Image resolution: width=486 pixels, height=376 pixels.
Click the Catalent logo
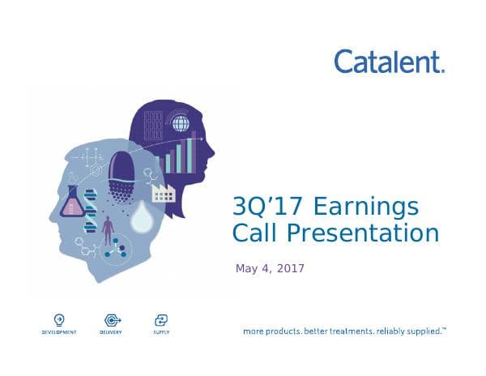point(389,62)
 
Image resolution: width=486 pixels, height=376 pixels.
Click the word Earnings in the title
point(369,207)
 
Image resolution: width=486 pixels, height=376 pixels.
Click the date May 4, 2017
point(270,268)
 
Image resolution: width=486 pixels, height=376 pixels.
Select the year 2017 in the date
point(290,268)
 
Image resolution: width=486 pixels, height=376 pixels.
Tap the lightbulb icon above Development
point(58,319)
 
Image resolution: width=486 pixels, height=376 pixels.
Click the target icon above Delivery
point(111,319)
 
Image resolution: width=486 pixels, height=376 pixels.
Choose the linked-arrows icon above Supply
point(160,319)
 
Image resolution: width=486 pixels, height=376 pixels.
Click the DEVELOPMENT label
point(58,332)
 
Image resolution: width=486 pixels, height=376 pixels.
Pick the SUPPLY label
point(160,332)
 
